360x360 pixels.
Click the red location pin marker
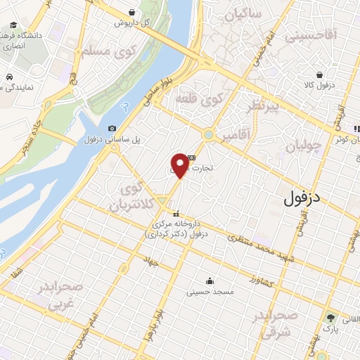point(180,165)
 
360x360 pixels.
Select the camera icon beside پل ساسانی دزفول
point(112,128)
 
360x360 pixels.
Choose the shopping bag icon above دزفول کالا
point(320,75)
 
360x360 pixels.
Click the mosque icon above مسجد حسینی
point(209,281)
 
